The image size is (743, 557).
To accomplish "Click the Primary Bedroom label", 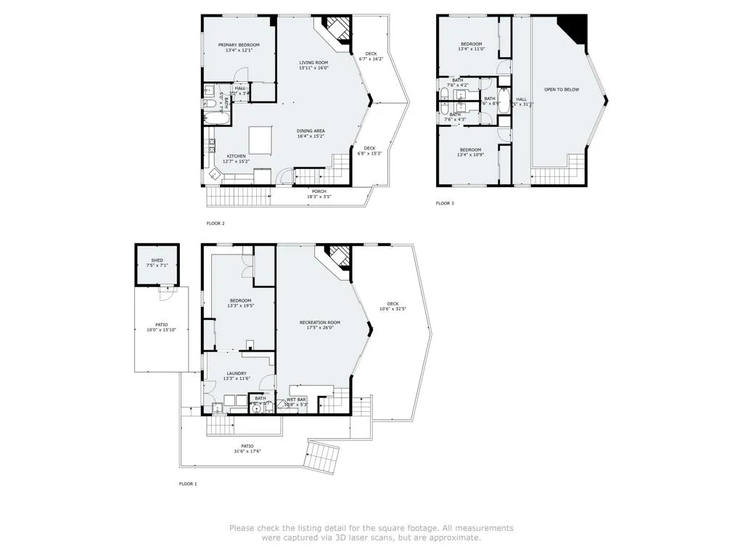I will pyautogui.click(x=239, y=45).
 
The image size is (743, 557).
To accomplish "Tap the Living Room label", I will pyautogui.click(x=313, y=62).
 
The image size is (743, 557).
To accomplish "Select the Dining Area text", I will pyautogui.click(x=310, y=131).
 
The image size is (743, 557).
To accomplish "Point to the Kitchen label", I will pyautogui.click(x=236, y=156).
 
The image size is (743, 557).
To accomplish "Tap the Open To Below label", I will pyautogui.click(x=562, y=89).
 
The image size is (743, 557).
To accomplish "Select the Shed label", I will pyautogui.click(x=157, y=260).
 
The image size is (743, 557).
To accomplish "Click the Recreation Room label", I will pyautogui.click(x=319, y=322).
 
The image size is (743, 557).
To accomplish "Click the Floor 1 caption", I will pyautogui.click(x=188, y=484).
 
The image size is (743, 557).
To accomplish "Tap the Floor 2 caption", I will pyautogui.click(x=215, y=223).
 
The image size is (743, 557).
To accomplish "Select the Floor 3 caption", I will pyautogui.click(x=445, y=203).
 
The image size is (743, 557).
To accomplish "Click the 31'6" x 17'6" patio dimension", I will pyautogui.click(x=247, y=452).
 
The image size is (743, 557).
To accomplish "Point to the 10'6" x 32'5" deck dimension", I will pyautogui.click(x=393, y=309).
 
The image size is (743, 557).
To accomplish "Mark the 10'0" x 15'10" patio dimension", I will pyautogui.click(x=161, y=330).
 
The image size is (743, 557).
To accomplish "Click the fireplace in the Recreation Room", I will pyautogui.click(x=335, y=256).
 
